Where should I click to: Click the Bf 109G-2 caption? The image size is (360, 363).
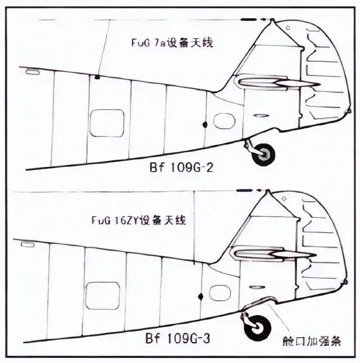[181, 167]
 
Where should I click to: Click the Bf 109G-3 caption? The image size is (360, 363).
[178, 338]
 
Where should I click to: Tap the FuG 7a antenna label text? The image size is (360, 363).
[172, 43]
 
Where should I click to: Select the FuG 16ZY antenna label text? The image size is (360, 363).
[138, 220]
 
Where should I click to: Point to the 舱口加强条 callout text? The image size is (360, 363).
[312, 341]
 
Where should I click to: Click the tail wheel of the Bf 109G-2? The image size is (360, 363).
[263, 155]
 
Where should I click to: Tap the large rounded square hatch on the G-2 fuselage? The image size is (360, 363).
[107, 123]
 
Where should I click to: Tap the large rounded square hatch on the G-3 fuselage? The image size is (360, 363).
[103, 296]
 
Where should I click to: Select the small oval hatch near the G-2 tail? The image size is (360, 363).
[224, 121]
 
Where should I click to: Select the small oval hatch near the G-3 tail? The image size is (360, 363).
[220, 293]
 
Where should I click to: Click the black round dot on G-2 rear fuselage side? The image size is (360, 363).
[205, 125]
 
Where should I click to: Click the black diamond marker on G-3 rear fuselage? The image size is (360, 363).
[201, 297]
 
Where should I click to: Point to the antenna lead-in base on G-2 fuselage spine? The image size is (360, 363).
[97, 77]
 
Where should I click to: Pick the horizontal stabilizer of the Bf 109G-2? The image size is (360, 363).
[277, 83]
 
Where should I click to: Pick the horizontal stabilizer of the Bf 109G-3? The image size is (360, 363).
[273, 254]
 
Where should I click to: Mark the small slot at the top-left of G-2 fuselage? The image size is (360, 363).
[33, 71]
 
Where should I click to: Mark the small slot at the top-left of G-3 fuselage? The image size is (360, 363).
[28, 244]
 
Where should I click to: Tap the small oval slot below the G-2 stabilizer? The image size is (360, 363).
[261, 116]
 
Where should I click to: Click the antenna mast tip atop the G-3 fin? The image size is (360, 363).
[268, 190]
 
